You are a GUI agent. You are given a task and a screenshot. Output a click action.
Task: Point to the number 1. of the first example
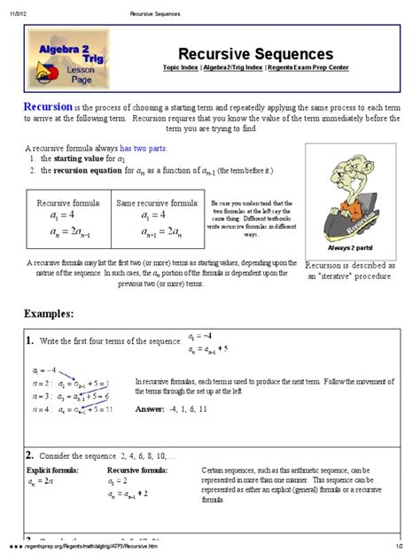click(x=30, y=340)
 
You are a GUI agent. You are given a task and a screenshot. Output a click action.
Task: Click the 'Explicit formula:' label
click(x=53, y=469)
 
